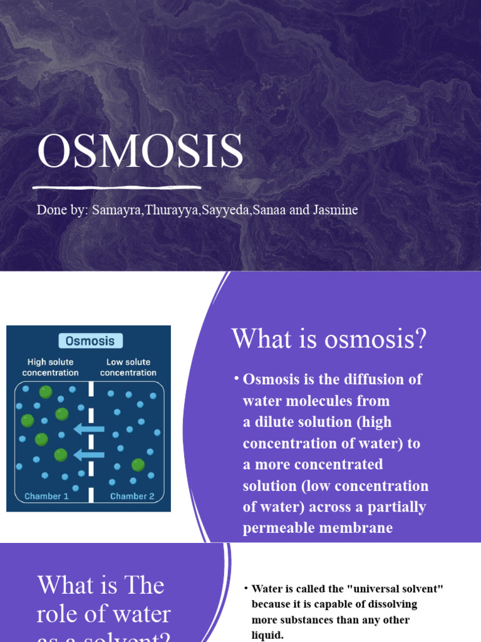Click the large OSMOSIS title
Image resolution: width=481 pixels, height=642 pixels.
pos(140,152)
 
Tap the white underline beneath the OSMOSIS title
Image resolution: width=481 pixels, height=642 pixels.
pos(117,187)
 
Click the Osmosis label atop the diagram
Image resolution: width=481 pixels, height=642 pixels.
pos(91,341)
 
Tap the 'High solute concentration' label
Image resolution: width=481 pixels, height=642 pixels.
pos(50,367)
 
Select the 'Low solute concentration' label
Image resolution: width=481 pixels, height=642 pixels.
pos(128,367)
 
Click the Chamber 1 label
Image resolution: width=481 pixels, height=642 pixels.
pos(47,496)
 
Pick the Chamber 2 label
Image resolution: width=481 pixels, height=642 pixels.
pos(132,496)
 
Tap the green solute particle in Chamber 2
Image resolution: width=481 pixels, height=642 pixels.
pos(138,465)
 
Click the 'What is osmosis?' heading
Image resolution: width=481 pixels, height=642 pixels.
pos(329,339)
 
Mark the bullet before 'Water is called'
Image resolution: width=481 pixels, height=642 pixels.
pos(246,589)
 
